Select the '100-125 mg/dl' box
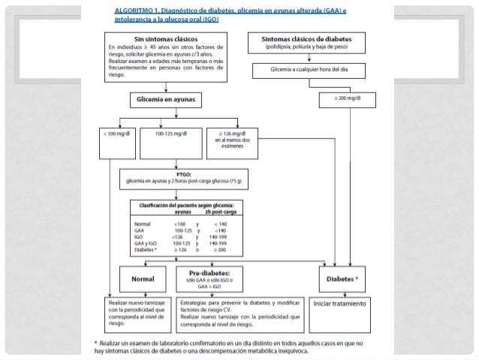[170, 133]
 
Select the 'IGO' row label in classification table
[139, 236]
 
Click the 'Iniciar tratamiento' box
[341, 304]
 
